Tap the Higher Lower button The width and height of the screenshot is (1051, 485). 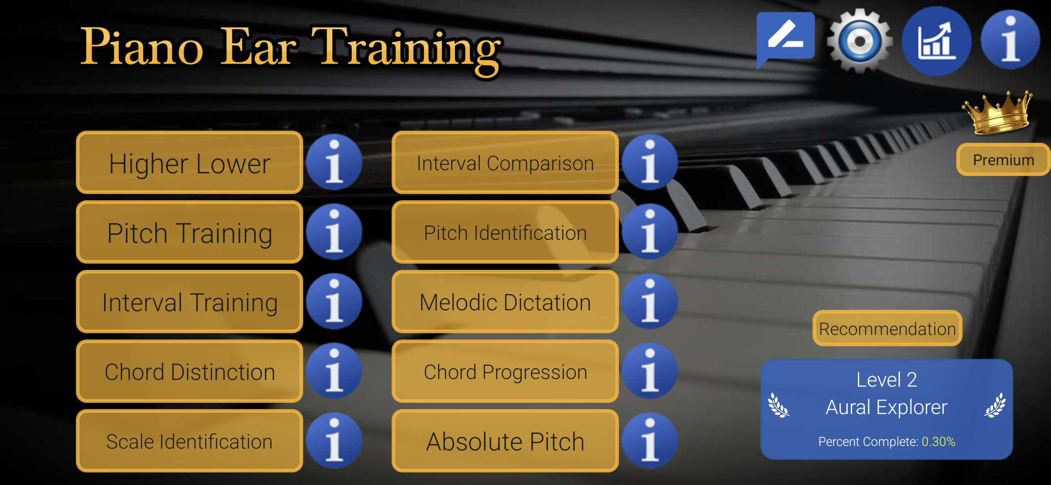[190, 163]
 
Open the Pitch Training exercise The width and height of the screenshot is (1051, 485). [190, 233]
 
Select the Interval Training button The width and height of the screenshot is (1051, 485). [190, 302]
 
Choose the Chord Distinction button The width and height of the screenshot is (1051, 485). [190, 372]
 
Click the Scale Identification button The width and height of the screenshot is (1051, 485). [190, 441]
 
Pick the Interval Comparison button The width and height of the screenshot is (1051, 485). [505, 163]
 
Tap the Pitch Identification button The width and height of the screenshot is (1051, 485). [505, 233]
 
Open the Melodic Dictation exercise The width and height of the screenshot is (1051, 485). [505, 302]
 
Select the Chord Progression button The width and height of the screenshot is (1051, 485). [505, 372]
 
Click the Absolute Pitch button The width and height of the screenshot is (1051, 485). [505, 441]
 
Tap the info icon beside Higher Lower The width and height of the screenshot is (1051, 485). [334, 162]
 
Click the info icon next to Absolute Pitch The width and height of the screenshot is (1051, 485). [650, 441]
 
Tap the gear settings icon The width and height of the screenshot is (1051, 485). [860, 41]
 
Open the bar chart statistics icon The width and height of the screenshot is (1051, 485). [936, 41]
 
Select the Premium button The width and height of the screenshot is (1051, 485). [1003, 160]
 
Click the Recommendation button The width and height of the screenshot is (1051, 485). [887, 329]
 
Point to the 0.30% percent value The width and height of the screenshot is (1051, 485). [938, 442]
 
